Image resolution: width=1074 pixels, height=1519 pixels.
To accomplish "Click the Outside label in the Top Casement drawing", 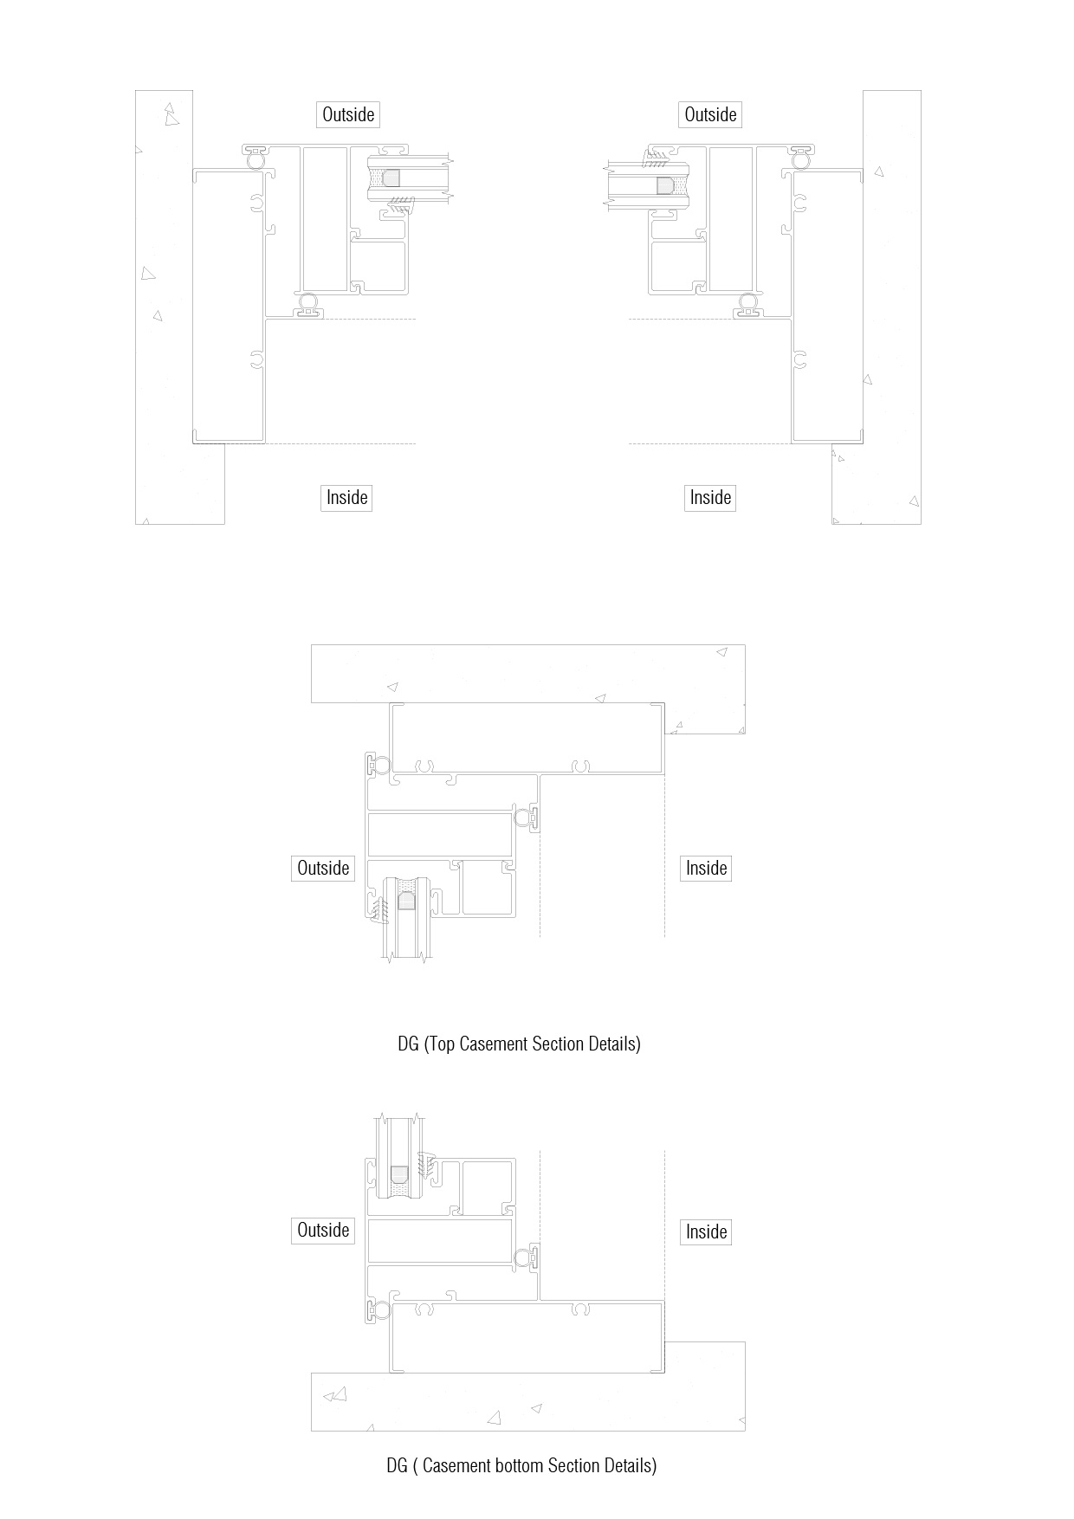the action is click(x=323, y=868).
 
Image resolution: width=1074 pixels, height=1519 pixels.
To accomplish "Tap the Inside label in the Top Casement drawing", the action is click(x=706, y=868).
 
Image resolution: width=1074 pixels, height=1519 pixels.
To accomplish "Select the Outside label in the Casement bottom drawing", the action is click(x=323, y=1230).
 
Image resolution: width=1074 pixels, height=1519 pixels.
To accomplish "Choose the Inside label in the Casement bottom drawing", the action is click(x=706, y=1231).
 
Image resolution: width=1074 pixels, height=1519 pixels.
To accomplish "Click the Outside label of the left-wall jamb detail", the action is click(x=348, y=114).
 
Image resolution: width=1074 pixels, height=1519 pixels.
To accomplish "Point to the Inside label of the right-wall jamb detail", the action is click(x=710, y=497).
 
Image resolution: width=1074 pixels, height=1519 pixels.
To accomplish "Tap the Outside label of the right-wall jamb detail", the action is click(x=710, y=114).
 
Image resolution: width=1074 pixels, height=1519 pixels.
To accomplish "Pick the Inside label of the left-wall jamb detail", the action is click(x=346, y=497).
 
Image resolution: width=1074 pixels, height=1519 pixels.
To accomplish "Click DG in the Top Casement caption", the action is click(x=408, y=1044).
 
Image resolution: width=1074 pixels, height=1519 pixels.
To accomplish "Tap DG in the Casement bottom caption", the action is click(x=397, y=1465).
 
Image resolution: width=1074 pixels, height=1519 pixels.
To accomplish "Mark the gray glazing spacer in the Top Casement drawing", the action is click(x=406, y=901).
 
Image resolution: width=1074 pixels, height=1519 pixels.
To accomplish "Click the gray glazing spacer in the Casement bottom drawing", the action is click(x=399, y=1174).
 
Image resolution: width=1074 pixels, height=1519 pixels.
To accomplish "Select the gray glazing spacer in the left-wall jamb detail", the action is click(x=391, y=178).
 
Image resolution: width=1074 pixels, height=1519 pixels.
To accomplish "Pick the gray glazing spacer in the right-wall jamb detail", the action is click(x=664, y=186).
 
